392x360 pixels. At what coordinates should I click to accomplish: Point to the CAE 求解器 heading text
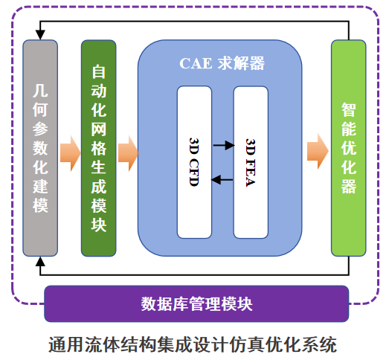[x=222, y=64]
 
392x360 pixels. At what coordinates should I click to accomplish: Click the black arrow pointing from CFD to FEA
[x=222, y=144]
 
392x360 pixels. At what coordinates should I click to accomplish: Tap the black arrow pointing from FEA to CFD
[x=222, y=179]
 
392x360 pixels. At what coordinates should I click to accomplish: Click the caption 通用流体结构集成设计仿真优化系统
[x=193, y=344]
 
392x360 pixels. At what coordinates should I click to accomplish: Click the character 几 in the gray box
[x=41, y=92]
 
